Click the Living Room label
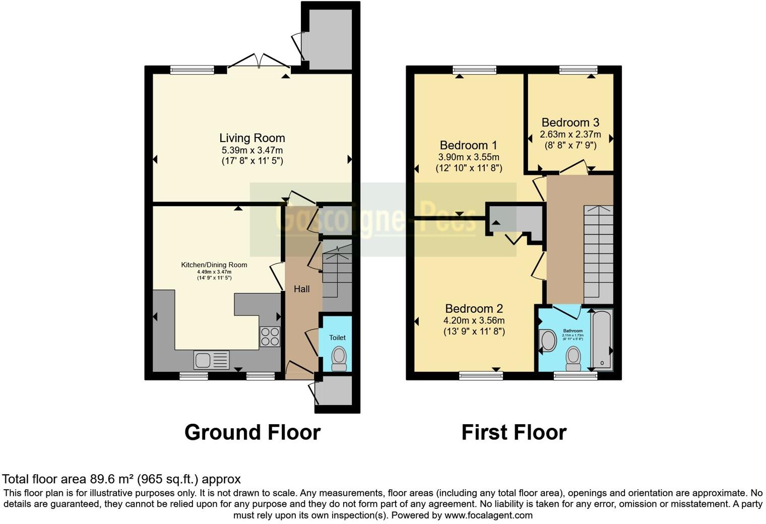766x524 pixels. (x=252, y=138)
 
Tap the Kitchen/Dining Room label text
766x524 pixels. (x=214, y=265)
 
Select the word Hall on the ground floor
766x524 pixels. (x=302, y=289)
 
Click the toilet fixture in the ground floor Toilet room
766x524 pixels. (x=339, y=358)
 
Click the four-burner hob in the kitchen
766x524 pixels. (x=270, y=337)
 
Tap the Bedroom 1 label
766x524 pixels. (x=468, y=146)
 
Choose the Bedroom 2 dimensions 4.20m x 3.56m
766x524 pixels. (x=474, y=320)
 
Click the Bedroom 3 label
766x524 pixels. (x=570, y=122)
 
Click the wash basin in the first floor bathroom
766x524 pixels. (x=546, y=341)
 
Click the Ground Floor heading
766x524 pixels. (x=252, y=432)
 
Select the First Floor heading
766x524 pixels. (x=514, y=432)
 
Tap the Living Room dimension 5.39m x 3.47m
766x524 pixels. (x=252, y=150)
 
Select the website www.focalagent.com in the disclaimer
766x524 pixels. (x=488, y=515)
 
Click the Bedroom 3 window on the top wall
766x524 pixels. (x=578, y=70)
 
